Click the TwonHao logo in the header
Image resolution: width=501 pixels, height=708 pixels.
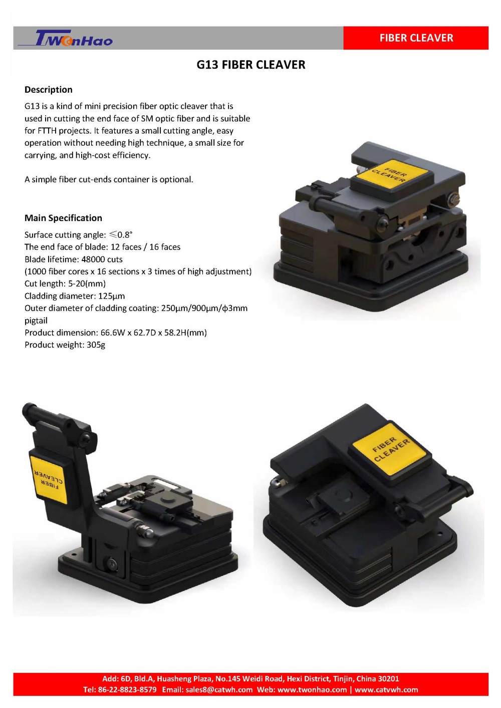[66, 38]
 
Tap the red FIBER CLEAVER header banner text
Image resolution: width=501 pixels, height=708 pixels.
[416, 38]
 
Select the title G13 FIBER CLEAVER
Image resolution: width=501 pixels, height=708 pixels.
[251, 65]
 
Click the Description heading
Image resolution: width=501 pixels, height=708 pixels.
[49, 90]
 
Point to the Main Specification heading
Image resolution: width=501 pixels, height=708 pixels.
[63, 218]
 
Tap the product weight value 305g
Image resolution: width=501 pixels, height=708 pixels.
[96, 345]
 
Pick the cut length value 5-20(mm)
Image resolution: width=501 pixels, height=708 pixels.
[87, 284]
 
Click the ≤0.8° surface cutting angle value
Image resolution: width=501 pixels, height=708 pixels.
[121, 234]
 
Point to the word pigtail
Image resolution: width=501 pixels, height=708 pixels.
[36, 321]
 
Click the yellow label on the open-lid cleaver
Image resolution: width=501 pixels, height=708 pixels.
[49, 480]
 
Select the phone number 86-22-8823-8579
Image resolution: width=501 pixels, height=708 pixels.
[127, 689]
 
